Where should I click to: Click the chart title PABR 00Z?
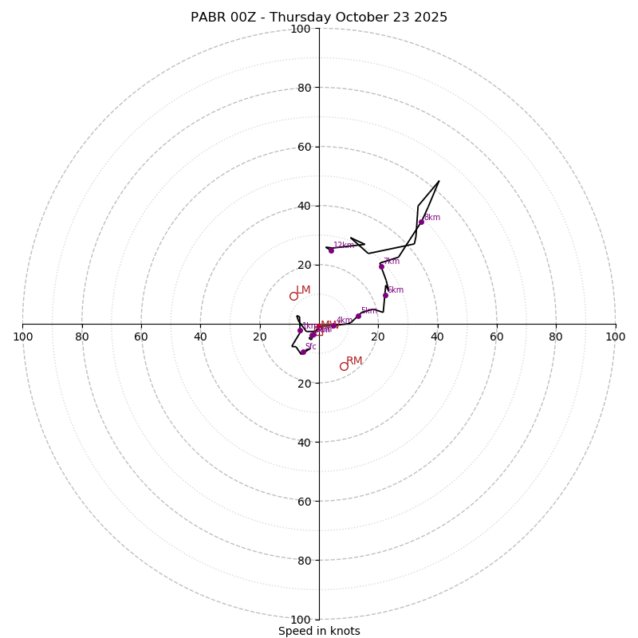point(319,18)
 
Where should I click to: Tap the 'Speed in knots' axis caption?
point(319,631)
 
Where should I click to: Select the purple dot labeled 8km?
point(421,222)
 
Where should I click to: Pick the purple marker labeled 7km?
point(381,266)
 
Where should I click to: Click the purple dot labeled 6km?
point(385,295)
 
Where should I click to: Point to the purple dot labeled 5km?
point(358,316)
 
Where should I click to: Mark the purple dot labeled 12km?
point(331,250)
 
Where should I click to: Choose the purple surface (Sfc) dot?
point(302,352)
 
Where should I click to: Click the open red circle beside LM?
point(293,296)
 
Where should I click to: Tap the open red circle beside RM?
point(344,366)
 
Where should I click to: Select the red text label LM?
point(303,290)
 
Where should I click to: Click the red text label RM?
point(354,361)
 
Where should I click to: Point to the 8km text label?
point(431,218)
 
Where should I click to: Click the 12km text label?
point(343,246)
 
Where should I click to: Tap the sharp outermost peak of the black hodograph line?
point(439,181)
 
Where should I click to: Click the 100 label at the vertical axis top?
point(301,30)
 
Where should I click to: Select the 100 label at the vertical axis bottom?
point(301,620)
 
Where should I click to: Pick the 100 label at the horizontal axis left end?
point(22,337)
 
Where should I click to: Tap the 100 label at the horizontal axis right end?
point(615,337)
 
